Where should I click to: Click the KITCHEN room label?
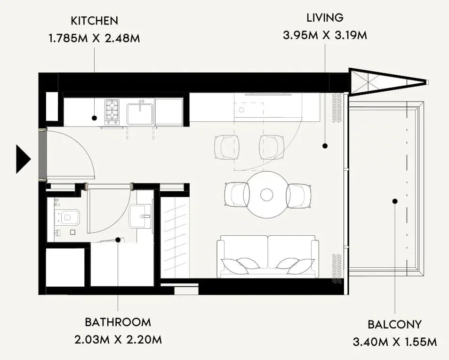[x=94, y=21]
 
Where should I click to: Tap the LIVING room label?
[x=325, y=18]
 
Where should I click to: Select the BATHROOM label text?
[x=118, y=322]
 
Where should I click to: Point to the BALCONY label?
[x=394, y=325]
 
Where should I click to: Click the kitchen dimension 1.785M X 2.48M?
[x=95, y=38]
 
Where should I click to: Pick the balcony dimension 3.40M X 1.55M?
[x=395, y=342]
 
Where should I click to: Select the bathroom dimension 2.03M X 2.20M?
[x=118, y=340]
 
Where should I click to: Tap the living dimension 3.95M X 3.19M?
[x=325, y=35]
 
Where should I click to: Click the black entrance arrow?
[x=23, y=159]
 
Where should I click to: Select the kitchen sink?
[x=140, y=114]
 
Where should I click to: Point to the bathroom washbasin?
[x=140, y=216]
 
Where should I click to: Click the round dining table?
[x=266, y=194]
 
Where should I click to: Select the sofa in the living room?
[x=268, y=256]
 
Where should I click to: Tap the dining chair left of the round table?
[x=237, y=194]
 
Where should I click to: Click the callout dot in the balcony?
[x=395, y=201]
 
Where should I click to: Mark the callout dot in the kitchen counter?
[x=94, y=118]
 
